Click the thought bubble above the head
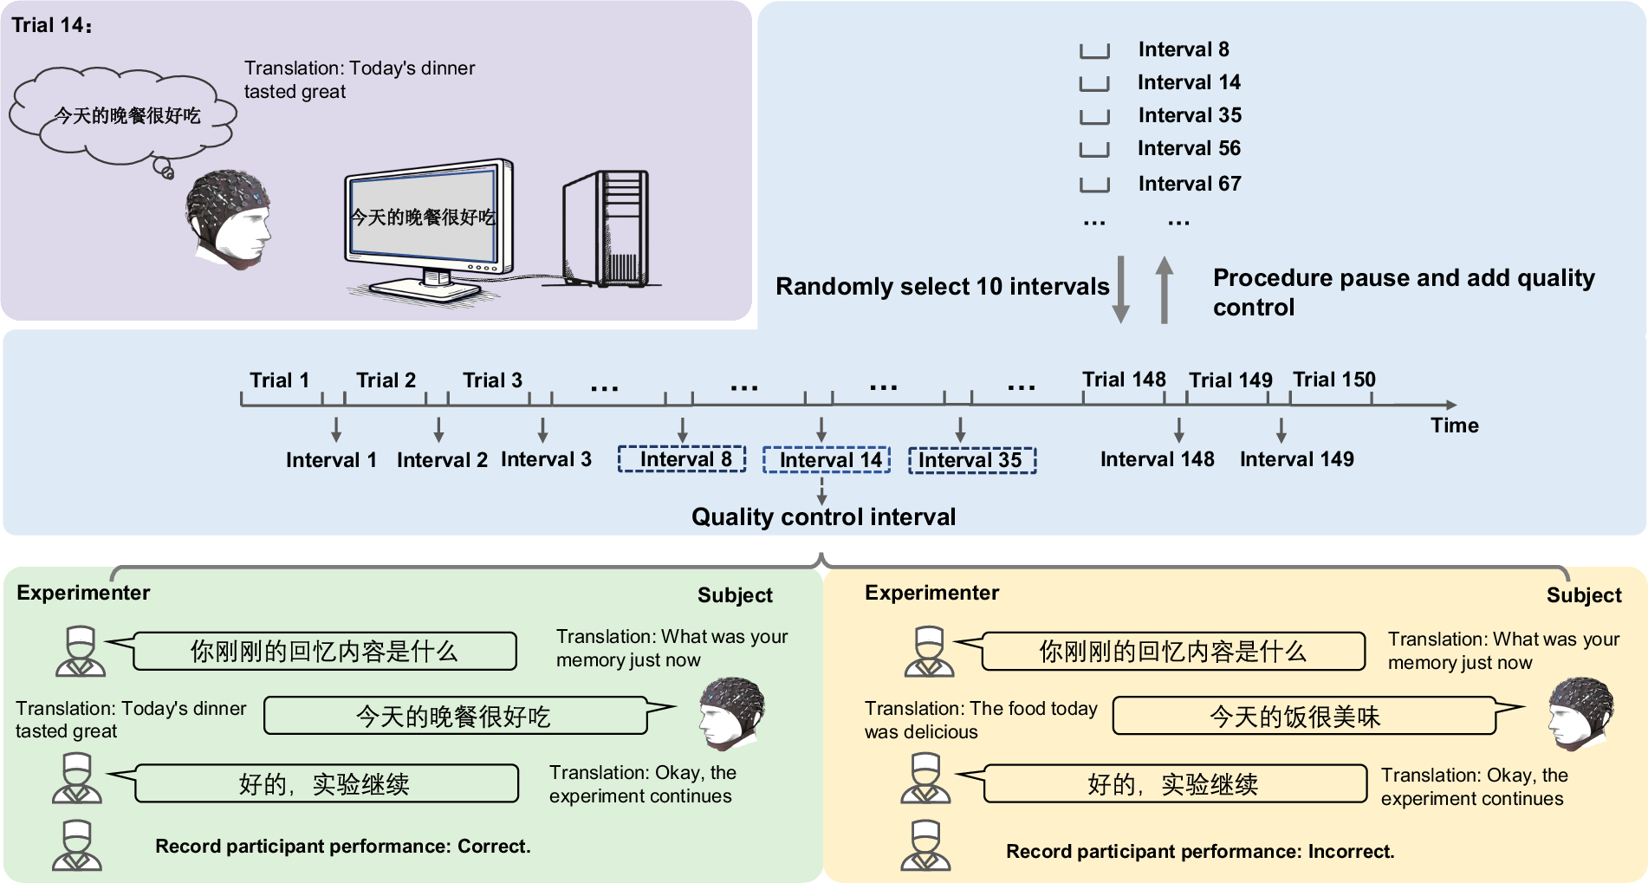[126, 115]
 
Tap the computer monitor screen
[423, 216]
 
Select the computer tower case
[607, 229]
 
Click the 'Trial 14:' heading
[51, 25]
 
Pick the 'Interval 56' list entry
[1188, 148]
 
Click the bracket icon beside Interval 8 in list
[1094, 50]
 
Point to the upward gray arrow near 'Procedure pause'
[1165, 290]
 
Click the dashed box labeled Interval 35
[971, 460]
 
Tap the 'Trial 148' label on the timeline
[1123, 380]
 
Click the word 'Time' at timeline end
[1454, 425]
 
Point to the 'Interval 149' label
[1296, 459]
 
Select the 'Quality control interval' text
[823, 517]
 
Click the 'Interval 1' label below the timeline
[331, 460]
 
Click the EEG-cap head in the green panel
[731, 713]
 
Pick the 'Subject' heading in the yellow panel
[1583, 595]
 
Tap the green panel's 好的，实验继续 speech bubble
[326, 784]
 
